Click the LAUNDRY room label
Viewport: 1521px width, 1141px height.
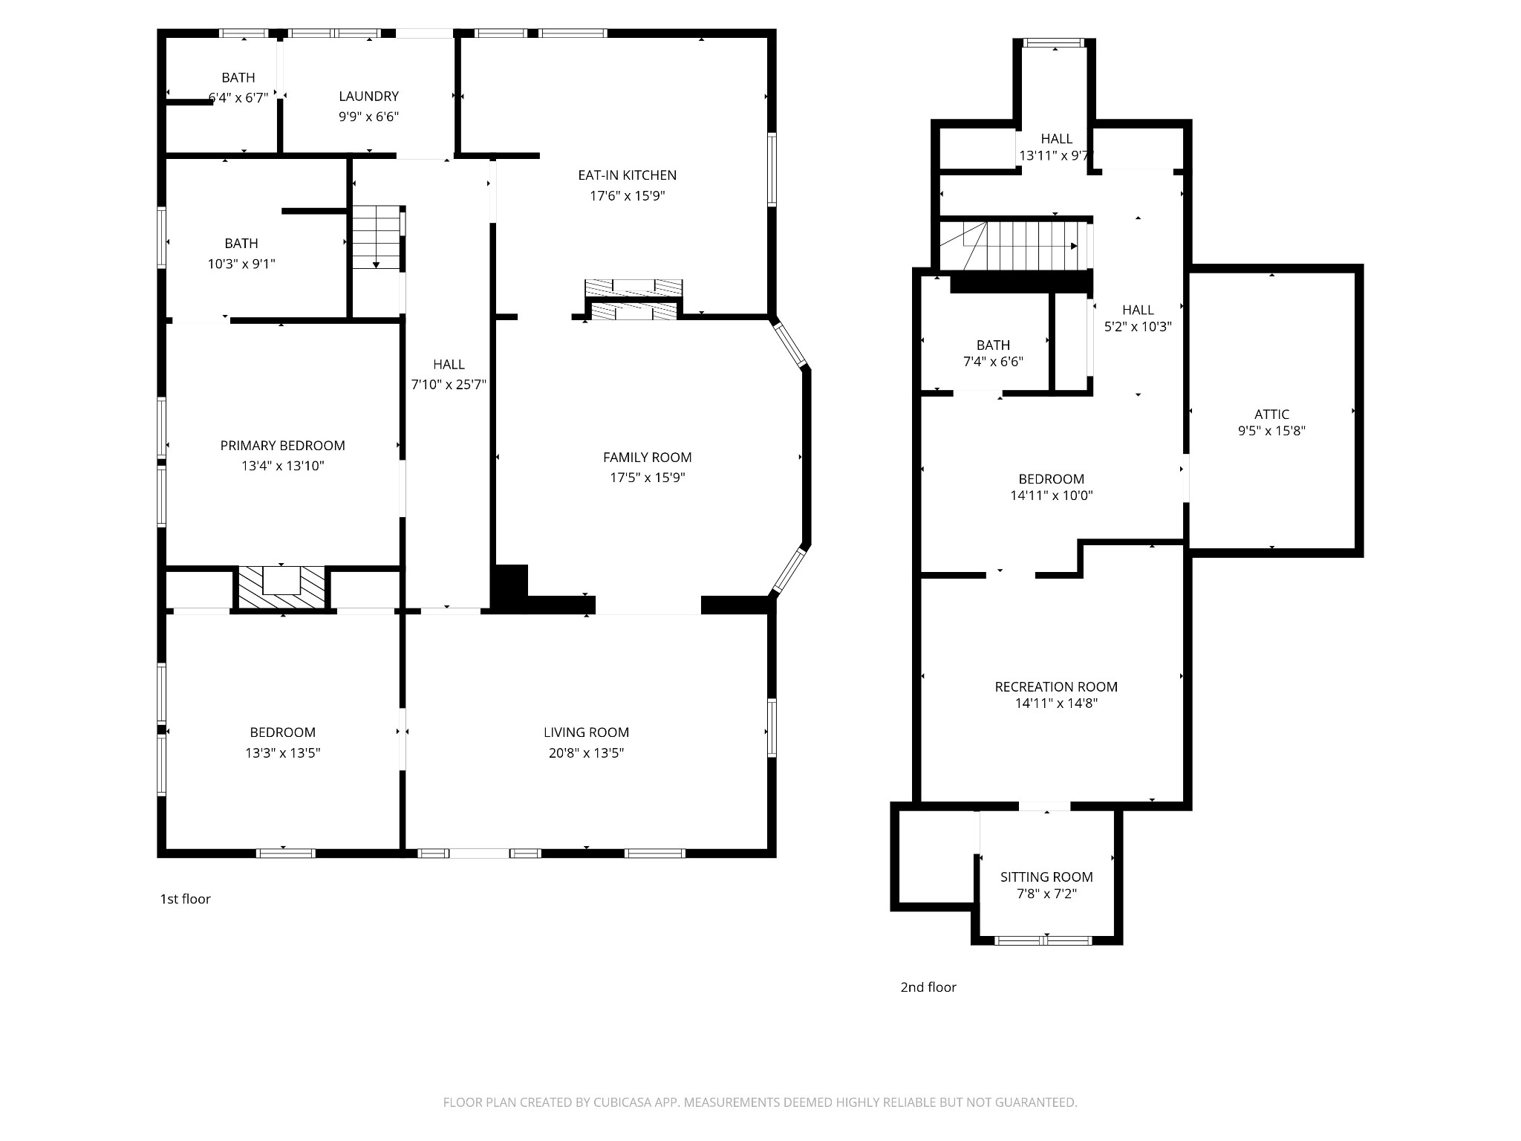[368, 97]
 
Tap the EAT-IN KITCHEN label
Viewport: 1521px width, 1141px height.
[628, 175]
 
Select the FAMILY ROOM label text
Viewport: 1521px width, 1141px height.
[648, 458]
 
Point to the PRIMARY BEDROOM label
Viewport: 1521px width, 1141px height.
[283, 446]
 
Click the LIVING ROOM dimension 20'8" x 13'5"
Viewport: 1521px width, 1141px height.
[587, 753]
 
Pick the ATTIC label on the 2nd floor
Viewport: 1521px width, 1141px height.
[1272, 415]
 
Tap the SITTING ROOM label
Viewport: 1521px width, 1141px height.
[1046, 877]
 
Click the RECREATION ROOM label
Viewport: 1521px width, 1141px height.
[1056, 687]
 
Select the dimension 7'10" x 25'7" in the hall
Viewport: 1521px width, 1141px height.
[449, 385]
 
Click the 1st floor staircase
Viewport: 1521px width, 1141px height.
[377, 237]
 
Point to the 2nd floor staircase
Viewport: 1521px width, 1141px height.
[1014, 245]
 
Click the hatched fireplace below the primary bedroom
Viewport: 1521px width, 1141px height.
[281, 589]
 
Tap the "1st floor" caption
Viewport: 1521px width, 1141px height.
[186, 899]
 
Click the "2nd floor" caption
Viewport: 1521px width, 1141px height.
[928, 987]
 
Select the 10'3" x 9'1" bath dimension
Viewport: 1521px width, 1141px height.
[241, 264]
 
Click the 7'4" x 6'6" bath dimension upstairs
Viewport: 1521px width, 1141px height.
[993, 362]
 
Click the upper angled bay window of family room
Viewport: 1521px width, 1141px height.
[789, 342]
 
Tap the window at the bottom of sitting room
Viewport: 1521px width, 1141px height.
[1043, 940]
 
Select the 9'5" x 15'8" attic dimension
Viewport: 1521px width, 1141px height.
[1271, 431]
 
